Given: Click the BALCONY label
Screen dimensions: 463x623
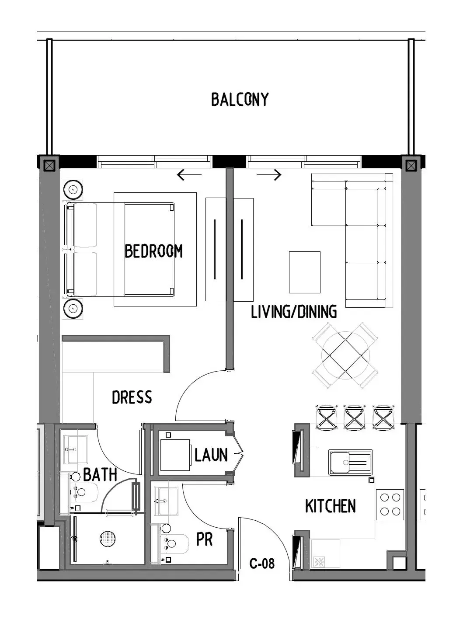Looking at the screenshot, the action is (x=240, y=99).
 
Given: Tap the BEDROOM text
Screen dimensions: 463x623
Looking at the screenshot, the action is (x=153, y=251).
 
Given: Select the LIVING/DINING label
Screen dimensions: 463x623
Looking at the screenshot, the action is (x=294, y=312).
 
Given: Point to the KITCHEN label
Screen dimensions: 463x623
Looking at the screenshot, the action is (x=331, y=506).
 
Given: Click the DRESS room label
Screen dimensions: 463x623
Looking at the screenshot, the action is (x=132, y=397).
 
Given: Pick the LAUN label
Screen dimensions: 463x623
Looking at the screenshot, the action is (x=211, y=455).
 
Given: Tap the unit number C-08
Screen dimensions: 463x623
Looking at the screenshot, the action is (x=262, y=564).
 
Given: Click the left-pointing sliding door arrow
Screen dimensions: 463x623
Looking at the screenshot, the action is (x=189, y=175).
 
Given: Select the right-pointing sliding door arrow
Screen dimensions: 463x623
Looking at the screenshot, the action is (x=269, y=175).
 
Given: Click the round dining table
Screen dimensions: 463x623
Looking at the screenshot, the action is (x=345, y=355).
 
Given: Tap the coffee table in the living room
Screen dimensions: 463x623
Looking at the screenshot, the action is (x=305, y=272).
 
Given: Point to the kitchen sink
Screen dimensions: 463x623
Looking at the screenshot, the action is (x=350, y=463).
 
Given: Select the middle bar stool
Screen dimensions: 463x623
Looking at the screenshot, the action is (x=354, y=418).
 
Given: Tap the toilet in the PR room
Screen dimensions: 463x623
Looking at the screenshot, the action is (x=174, y=544).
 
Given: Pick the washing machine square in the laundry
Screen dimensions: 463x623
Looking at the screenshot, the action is (x=175, y=455).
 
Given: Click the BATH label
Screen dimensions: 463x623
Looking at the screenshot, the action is (x=100, y=474).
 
